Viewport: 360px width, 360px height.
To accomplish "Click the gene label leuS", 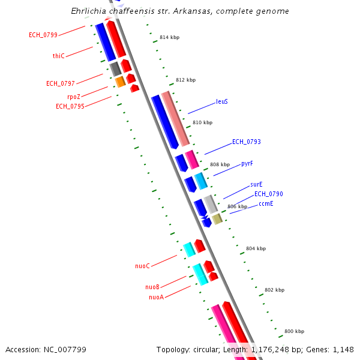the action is (221, 102).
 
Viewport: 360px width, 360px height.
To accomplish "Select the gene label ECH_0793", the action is (246, 142).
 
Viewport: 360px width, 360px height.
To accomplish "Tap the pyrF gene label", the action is (247, 163).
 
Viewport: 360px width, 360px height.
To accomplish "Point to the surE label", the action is (256, 184).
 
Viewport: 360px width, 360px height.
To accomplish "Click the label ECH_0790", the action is (268, 194).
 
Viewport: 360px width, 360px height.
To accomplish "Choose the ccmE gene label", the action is (266, 204).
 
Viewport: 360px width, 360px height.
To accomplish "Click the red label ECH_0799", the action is (43, 35).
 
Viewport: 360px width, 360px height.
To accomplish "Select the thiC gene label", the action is (58, 56).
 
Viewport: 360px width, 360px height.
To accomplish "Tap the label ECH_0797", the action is (61, 83).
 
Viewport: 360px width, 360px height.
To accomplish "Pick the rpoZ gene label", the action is (74, 97).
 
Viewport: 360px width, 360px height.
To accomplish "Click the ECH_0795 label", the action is (70, 106).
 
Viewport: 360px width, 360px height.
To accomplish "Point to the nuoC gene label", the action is (142, 266).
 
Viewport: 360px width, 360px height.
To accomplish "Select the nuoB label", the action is (152, 287).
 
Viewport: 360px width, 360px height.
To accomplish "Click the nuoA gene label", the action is (156, 297).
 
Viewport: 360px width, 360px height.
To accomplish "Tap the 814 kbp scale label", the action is (169, 37).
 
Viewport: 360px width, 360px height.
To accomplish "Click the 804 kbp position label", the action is (256, 248).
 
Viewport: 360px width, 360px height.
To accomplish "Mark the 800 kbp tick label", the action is (294, 331).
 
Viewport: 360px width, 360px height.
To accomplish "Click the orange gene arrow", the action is (120, 82).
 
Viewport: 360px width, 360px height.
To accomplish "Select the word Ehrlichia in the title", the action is (91, 11).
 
